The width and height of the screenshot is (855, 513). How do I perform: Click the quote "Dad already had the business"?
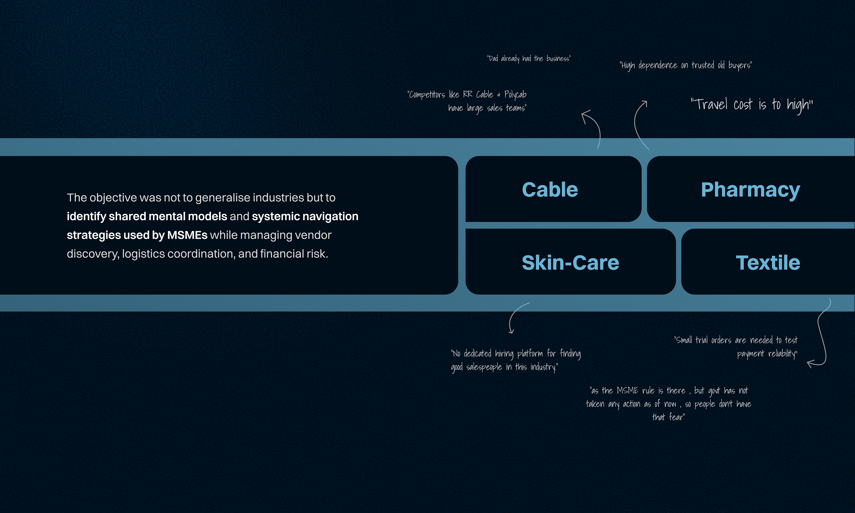click(529, 58)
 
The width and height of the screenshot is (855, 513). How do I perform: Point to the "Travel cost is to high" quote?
click(751, 104)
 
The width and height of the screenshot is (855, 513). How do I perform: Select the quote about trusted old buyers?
click(686, 65)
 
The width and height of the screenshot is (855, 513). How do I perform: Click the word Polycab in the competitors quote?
click(515, 94)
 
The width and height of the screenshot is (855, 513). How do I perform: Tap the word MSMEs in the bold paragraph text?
click(187, 235)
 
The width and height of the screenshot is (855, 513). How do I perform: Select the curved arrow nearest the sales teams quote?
click(592, 128)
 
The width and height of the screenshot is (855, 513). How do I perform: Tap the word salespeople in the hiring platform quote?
click(484, 367)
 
